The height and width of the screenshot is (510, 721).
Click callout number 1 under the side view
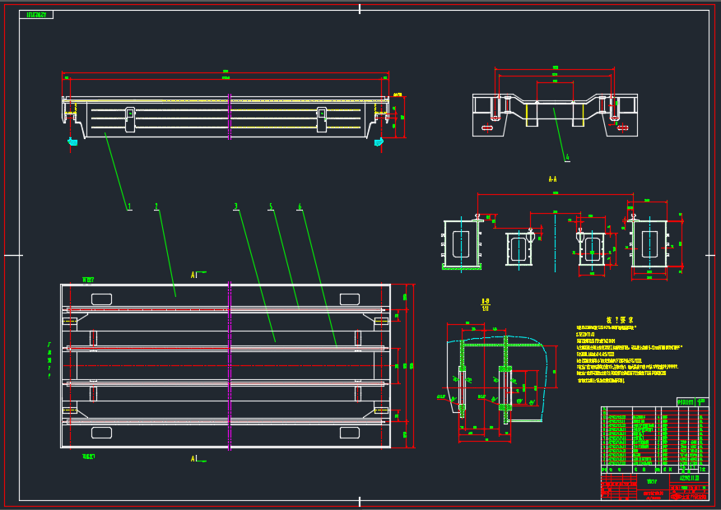point(129,206)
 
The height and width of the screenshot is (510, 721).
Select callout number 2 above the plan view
point(156,206)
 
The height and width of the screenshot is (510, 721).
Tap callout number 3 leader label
point(235,206)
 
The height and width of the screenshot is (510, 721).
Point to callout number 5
point(270,206)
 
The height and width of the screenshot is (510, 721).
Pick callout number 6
point(300,206)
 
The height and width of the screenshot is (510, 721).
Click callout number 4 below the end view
point(567,156)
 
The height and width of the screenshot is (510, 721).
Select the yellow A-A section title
point(552,178)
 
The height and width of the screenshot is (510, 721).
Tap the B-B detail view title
point(485,301)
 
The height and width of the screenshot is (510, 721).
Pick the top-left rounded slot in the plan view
point(101,298)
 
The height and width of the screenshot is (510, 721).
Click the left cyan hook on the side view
point(72,141)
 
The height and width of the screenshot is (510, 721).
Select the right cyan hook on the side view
point(379,141)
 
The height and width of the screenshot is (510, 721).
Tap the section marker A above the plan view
point(194,273)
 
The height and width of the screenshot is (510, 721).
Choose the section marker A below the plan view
point(194,458)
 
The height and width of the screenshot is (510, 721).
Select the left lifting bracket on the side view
point(129,119)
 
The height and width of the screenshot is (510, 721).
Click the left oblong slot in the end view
point(487,128)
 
